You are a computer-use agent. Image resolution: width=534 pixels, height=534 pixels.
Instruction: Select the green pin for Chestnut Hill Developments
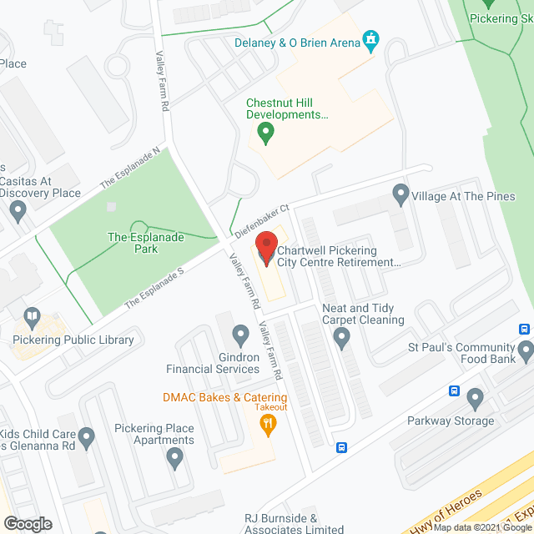[265, 131]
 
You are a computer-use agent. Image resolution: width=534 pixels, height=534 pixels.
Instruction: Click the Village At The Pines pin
[400, 195]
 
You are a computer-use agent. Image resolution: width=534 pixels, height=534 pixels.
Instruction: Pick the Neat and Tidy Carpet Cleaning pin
[341, 338]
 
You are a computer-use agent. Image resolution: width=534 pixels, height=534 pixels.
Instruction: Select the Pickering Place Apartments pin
[174, 456]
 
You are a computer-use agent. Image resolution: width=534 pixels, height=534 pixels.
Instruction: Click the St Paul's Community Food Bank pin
[525, 352]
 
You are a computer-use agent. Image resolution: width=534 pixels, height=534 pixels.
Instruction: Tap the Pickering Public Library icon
[32, 317]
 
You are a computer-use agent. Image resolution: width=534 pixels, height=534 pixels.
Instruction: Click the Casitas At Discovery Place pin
[18, 212]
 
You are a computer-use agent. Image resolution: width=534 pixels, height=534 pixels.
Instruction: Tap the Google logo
[28, 523]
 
